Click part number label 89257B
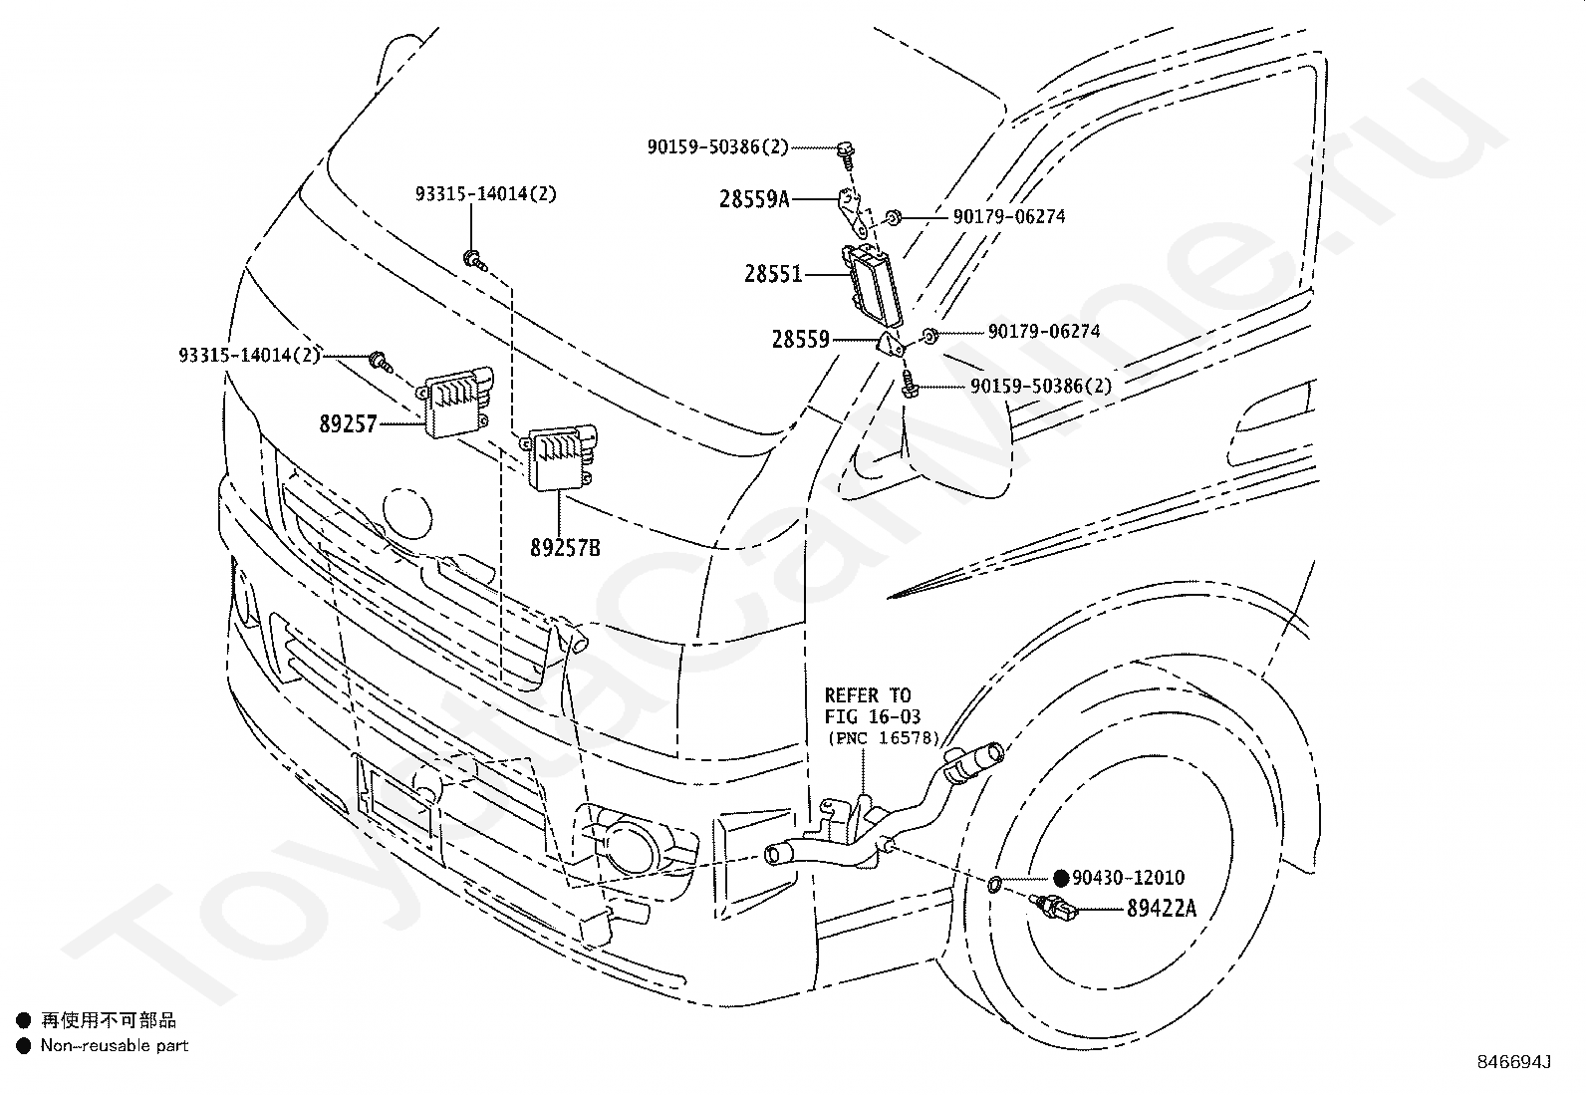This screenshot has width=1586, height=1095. point(565,548)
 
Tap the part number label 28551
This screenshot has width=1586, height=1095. point(773,274)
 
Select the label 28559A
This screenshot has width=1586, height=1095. point(754,199)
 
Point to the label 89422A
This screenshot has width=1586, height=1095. point(1162,908)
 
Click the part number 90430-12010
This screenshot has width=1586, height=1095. point(1128,878)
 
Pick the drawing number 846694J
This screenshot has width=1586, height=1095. point(1514,1062)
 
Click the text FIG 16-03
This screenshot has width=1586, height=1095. point(873,716)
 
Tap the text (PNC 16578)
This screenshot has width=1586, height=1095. point(884,738)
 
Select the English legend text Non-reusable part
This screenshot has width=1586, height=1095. point(115,1045)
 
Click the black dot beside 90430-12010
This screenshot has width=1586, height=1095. point(1061,878)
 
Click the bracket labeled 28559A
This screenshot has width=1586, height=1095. point(853,212)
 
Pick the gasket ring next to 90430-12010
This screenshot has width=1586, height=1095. point(995,883)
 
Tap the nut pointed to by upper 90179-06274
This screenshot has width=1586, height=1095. point(894,217)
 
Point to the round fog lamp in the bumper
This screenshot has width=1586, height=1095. point(631,846)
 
